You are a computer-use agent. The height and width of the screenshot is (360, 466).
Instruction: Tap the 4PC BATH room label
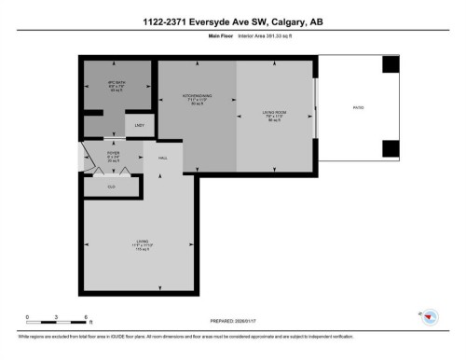tap(103, 86)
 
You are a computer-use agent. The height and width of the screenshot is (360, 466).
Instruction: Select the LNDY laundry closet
tap(139, 125)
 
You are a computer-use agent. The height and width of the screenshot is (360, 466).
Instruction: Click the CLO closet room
tap(111, 187)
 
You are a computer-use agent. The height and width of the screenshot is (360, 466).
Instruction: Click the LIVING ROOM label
tap(274, 116)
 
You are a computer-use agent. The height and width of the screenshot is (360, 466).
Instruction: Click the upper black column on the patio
tap(391, 63)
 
